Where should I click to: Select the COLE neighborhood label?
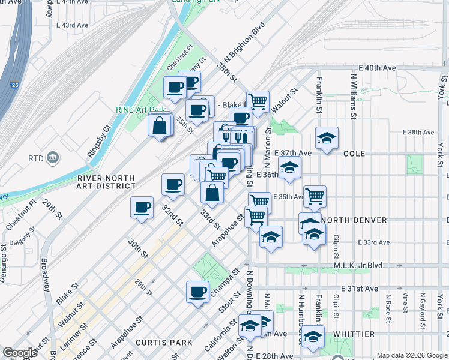(354, 154)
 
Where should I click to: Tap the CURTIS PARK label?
(164, 343)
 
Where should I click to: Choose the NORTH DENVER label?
(354, 220)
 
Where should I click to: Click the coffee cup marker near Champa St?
(197, 292)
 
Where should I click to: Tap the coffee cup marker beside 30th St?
(142, 208)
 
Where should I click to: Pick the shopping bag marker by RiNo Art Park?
(160, 125)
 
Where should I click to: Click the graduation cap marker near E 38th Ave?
(326, 138)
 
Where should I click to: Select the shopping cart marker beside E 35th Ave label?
(314, 196)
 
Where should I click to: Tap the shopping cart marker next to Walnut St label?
(258, 100)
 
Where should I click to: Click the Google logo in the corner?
(20, 353)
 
